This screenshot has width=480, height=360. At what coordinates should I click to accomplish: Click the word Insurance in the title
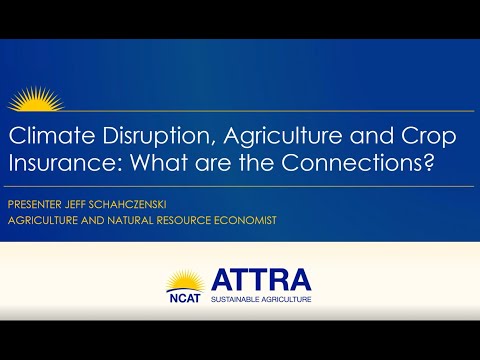pyautogui.click(x=58, y=164)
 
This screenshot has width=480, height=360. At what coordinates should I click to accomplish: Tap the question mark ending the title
pyautogui.click(x=440, y=164)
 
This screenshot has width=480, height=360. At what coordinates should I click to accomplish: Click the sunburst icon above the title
pyautogui.click(x=35, y=100)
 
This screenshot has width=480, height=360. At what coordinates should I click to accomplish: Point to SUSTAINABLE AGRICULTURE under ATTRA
pyautogui.click(x=262, y=298)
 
